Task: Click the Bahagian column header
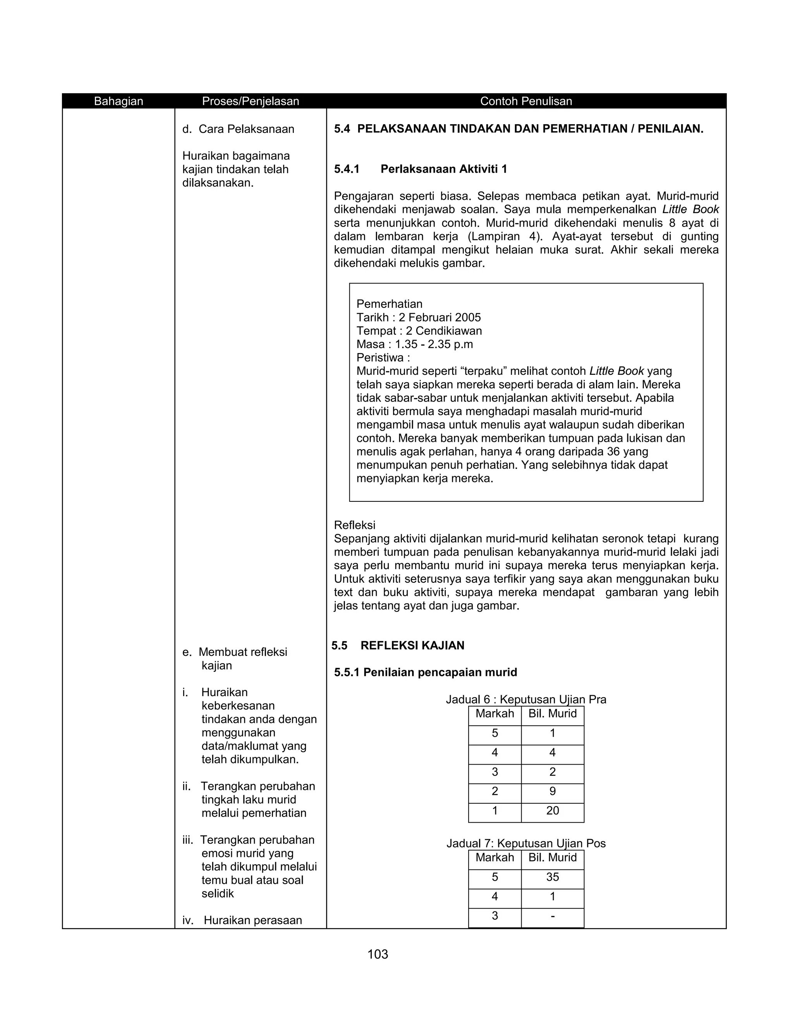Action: (118, 101)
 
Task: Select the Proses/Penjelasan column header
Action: (251, 101)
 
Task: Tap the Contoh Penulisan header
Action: (526, 101)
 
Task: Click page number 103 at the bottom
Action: (378, 954)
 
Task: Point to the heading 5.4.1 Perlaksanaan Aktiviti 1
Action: (421, 169)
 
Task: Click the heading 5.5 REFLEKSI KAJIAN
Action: (398, 645)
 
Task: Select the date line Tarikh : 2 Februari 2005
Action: (419, 317)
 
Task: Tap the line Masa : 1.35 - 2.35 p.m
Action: (414, 344)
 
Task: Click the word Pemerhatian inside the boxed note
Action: (390, 304)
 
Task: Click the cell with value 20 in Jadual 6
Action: (553, 810)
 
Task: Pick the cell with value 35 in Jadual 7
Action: (553, 877)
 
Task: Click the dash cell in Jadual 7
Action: (553, 916)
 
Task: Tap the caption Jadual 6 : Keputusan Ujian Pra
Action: (526, 700)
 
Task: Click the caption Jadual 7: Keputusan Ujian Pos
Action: (526, 843)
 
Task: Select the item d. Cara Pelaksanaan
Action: (238, 129)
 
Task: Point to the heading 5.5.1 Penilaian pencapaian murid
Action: (425, 672)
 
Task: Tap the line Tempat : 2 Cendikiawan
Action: (419, 331)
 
